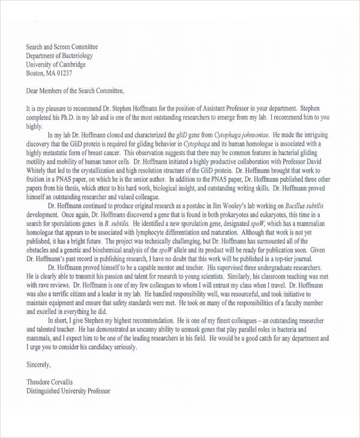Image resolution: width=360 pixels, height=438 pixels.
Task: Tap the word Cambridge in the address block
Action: [72, 65]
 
